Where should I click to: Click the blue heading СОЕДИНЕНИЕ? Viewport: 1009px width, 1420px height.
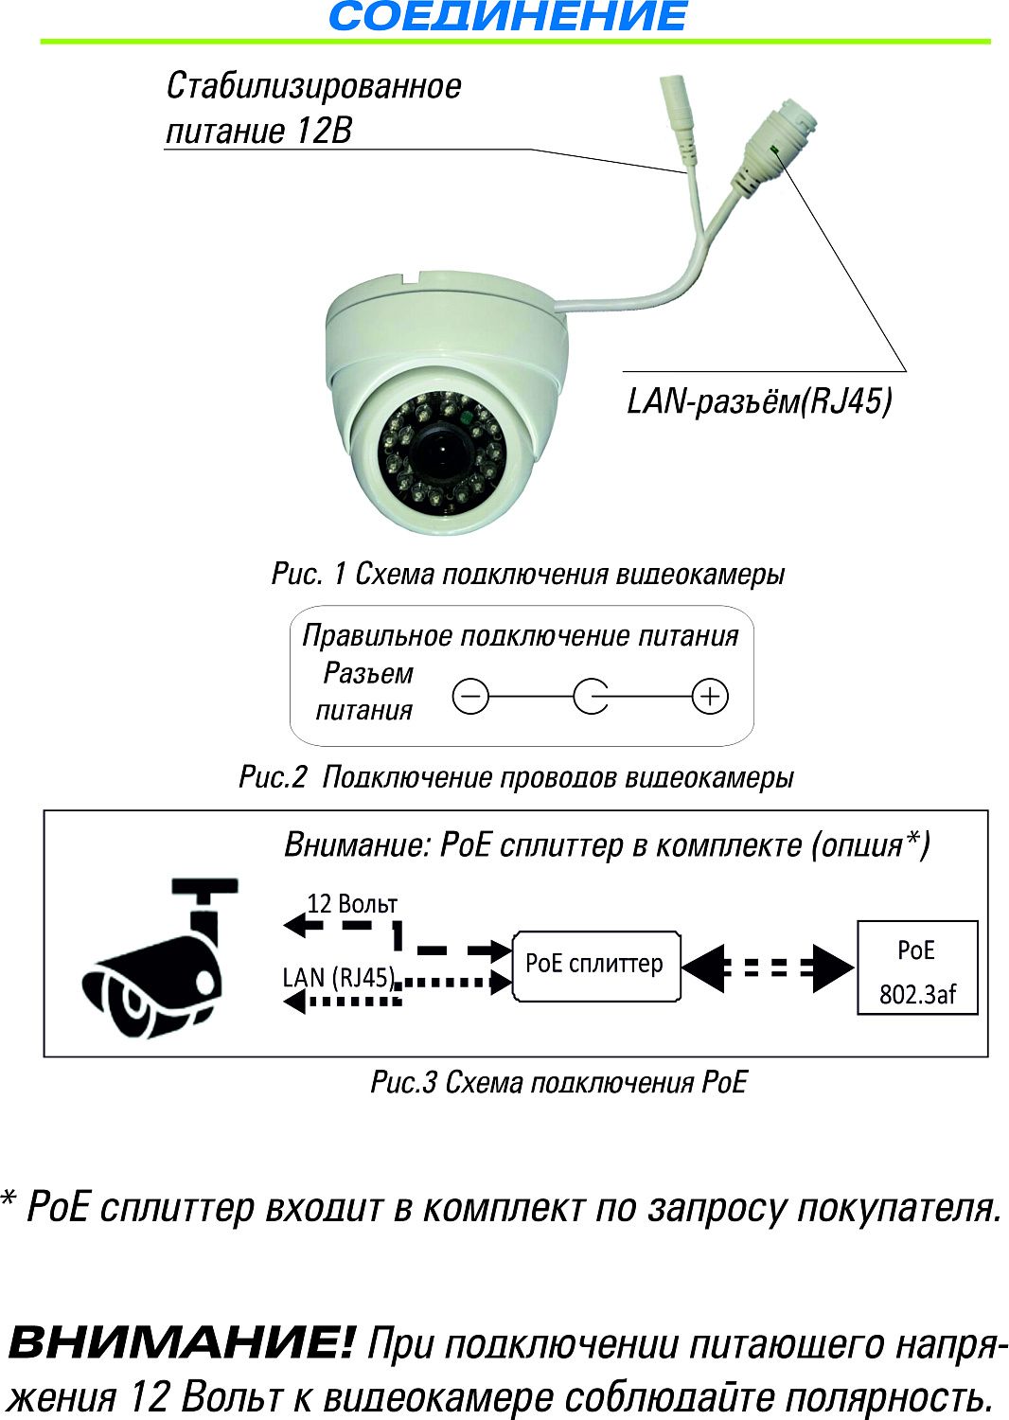click(507, 17)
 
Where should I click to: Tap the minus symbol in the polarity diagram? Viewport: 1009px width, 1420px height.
click(470, 697)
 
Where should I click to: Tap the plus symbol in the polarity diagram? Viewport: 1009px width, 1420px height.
click(710, 697)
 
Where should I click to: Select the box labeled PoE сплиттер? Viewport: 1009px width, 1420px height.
click(595, 965)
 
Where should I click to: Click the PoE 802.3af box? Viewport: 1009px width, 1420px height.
click(917, 967)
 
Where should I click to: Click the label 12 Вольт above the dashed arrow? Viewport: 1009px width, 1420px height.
click(352, 904)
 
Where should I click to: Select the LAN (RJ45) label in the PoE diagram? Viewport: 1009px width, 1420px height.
click(339, 977)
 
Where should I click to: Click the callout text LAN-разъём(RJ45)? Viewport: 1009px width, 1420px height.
click(759, 401)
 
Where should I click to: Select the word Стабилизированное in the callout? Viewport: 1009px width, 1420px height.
click(313, 86)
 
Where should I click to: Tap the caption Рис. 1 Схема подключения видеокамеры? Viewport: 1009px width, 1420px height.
click(528, 575)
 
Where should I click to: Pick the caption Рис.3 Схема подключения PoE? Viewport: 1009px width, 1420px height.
click(558, 1082)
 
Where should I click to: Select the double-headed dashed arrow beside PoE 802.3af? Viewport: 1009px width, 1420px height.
click(768, 967)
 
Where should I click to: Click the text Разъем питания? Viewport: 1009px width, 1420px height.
click(366, 692)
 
